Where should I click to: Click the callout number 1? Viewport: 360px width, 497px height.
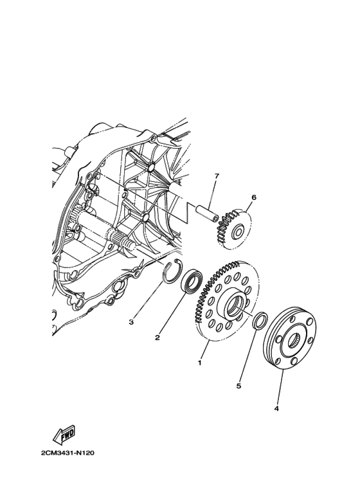(x=200, y=363)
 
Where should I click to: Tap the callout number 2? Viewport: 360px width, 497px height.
(x=157, y=338)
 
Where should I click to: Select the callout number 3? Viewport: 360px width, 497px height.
(x=131, y=322)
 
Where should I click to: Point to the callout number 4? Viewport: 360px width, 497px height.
(x=276, y=409)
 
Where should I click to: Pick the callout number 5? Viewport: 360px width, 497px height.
(x=239, y=386)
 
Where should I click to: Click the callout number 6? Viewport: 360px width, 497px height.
(x=254, y=197)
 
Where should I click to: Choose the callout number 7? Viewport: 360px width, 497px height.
(x=217, y=176)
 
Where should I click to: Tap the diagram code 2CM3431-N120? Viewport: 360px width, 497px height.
(x=67, y=453)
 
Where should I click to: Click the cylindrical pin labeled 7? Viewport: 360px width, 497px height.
(x=206, y=213)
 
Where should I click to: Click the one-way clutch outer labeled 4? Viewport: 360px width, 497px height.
(x=290, y=339)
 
